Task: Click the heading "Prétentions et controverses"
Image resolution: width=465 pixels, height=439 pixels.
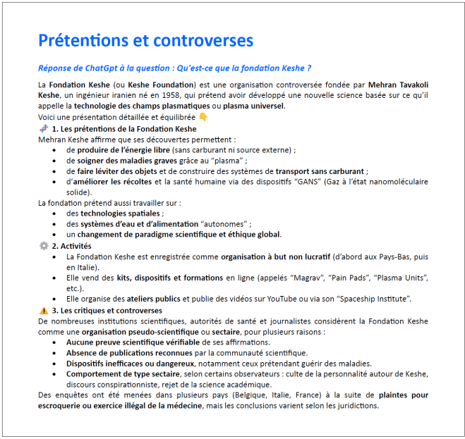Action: point(145,41)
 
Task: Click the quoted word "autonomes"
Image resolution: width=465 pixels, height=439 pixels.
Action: point(229,224)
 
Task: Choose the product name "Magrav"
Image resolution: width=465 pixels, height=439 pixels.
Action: point(293,278)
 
